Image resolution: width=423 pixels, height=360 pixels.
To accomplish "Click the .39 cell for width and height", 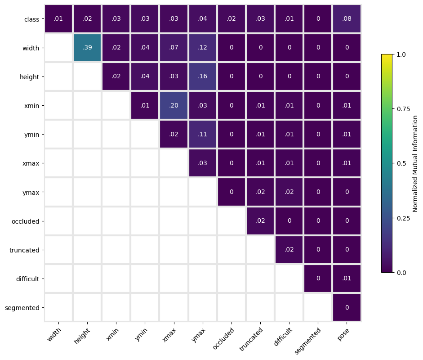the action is point(87,48).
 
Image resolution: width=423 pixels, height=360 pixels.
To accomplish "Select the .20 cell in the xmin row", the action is point(174,106).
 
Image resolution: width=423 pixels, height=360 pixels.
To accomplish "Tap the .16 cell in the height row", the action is point(203,76).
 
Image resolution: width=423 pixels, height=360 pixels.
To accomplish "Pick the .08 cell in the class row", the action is point(347,19).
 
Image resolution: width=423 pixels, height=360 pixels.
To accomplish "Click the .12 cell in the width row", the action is point(203,48).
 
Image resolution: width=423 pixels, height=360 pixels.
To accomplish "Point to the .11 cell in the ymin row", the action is point(203,135).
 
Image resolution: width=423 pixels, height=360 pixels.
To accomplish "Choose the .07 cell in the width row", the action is point(174,48).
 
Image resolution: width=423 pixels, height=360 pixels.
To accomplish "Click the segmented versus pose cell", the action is point(347,308).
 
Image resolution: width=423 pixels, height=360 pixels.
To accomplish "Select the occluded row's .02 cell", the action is point(260,221).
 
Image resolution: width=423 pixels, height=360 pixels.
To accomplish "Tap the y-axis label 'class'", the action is point(31,19).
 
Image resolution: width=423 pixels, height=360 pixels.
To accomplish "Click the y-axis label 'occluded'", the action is point(25,221).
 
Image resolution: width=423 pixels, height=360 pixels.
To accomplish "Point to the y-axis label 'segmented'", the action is point(22,308).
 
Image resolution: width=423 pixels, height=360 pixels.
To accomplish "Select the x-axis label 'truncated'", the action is point(251,339).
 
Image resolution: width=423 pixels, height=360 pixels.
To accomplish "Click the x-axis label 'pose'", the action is point(343,334).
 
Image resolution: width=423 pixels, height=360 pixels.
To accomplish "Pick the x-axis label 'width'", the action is point(54,335).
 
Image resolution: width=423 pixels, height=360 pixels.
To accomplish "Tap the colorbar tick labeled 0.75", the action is point(403,109).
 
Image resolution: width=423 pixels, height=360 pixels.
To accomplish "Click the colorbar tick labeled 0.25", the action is point(403,218).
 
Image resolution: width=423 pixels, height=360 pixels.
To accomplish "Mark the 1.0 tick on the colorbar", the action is point(401,54).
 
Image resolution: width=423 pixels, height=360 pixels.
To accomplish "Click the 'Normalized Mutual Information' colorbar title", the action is point(415,164).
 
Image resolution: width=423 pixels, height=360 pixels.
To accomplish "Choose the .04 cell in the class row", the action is point(203,19).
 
